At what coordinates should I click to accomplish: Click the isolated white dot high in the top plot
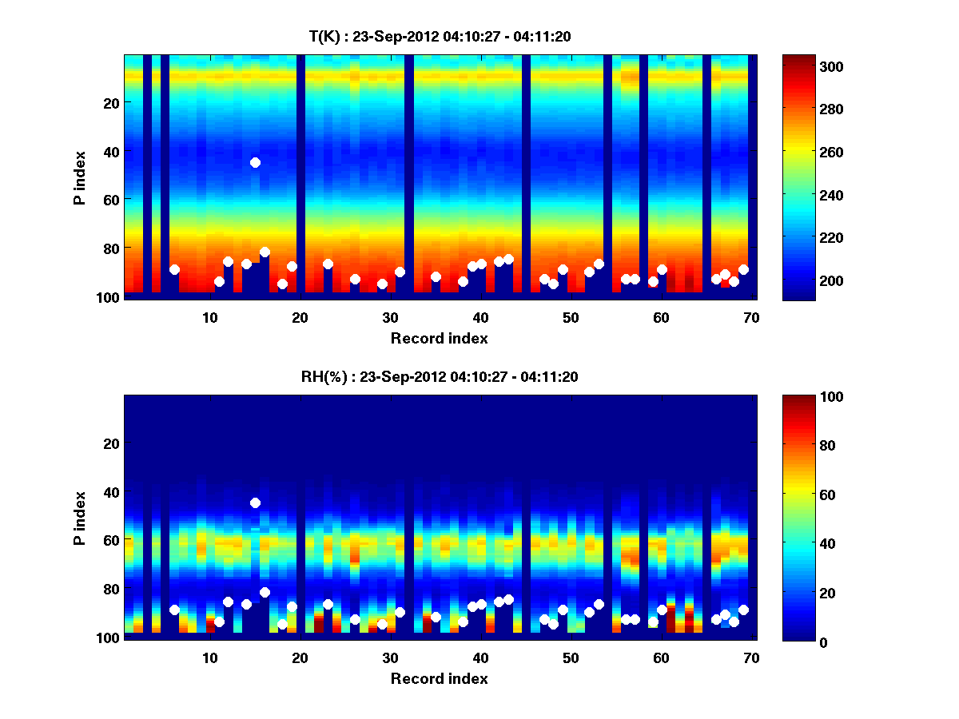pos(255,162)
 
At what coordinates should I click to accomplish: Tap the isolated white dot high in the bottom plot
pos(255,503)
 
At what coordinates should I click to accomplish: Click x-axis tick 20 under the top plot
pos(300,317)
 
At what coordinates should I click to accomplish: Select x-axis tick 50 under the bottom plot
pos(571,657)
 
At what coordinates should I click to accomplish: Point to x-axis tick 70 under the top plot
pos(751,317)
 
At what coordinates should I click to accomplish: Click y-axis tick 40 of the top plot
pos(110,151)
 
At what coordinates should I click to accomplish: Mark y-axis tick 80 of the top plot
pos(110,248)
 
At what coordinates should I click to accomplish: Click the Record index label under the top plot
pos(439,339)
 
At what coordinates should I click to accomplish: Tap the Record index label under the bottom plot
pos(439,679)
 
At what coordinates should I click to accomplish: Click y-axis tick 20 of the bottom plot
pos(110,443)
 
